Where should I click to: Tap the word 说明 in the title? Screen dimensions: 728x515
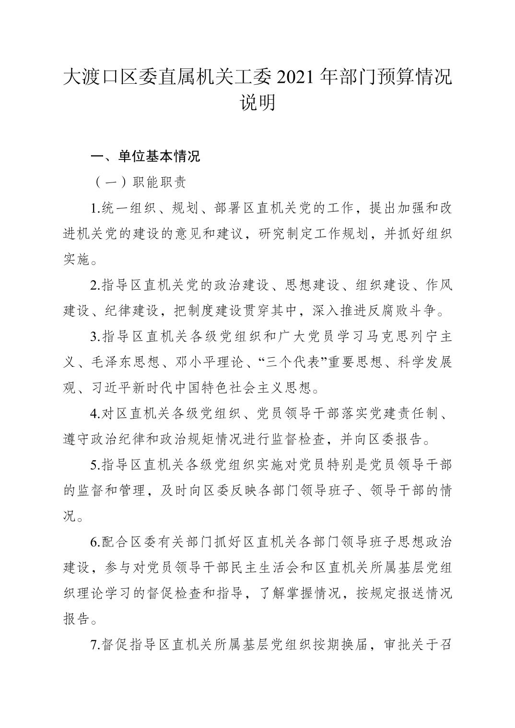257,102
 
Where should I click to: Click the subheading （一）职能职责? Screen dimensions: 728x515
138,182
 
